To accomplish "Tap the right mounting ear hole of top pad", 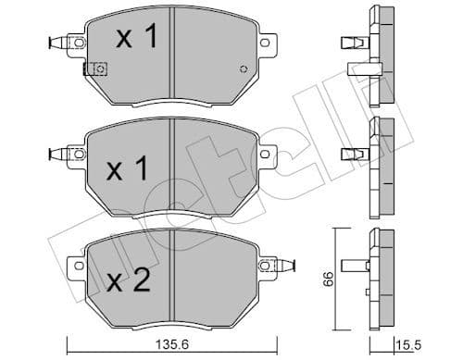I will [269, 42].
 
